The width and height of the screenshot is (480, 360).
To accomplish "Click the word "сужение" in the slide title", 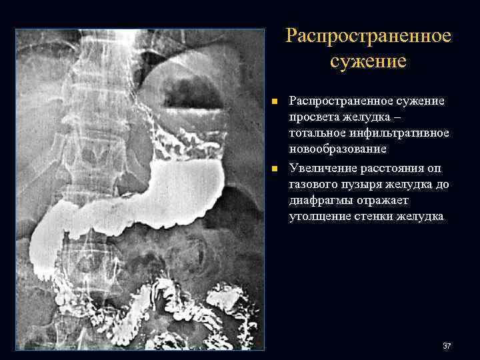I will pos(368,62).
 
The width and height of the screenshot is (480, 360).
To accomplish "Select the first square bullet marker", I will pos(275,102).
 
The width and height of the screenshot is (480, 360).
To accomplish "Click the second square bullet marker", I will pos(275,168).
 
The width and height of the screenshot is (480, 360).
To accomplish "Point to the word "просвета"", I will pos(312,117).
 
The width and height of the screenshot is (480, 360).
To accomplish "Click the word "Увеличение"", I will pos(320,167).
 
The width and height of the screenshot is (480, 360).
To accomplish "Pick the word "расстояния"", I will pos(389,167).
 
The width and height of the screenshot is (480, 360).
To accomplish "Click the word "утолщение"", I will pos(318,216).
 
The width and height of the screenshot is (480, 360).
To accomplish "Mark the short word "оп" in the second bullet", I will pos(433,167).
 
